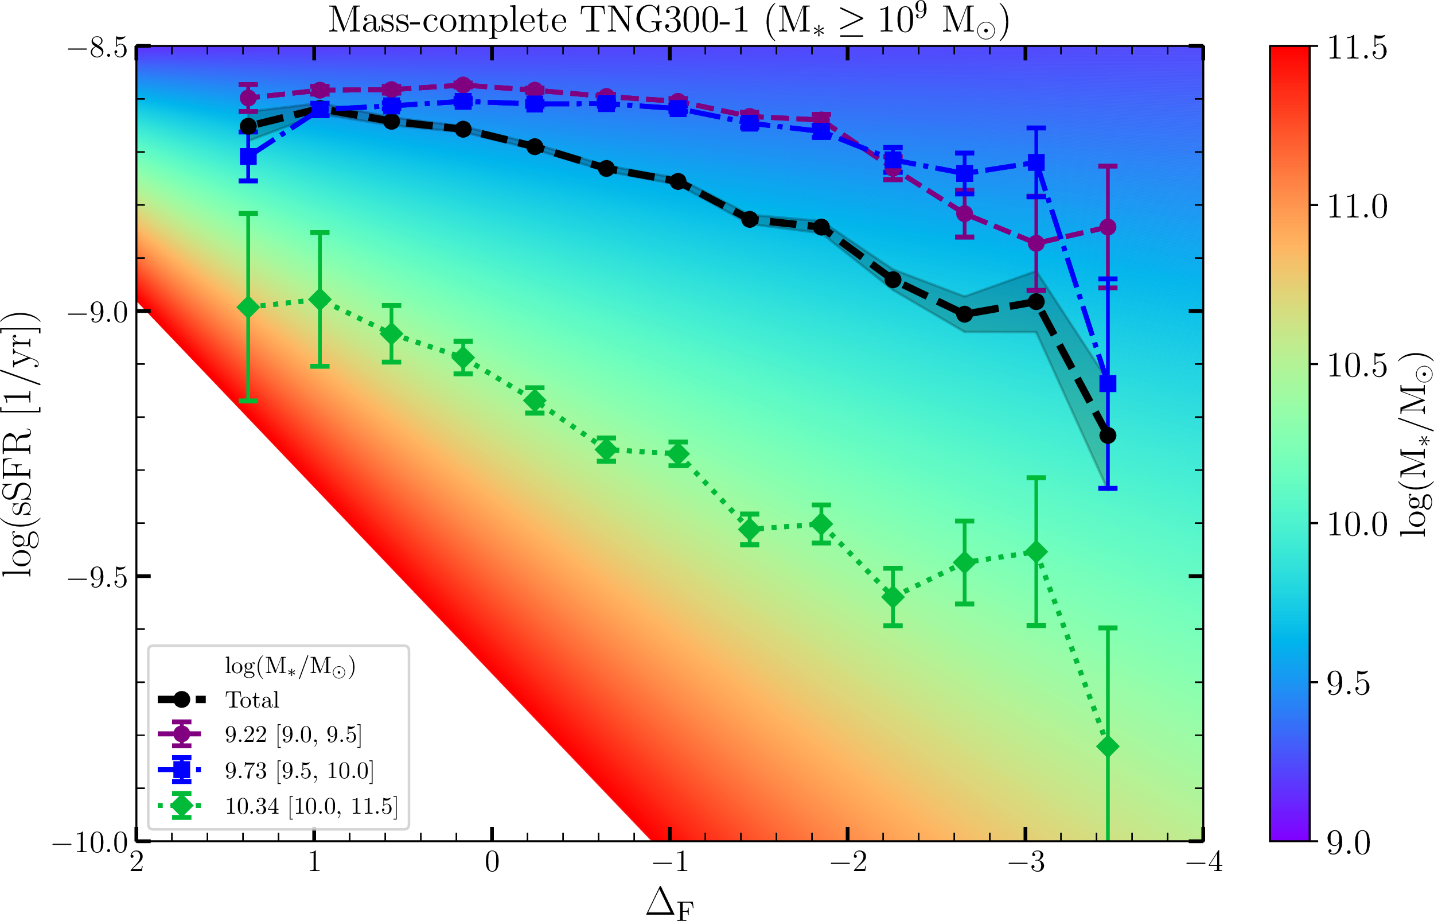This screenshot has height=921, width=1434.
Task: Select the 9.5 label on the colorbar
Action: coord(1349,683)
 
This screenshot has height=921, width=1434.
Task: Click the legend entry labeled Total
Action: coord(252,700)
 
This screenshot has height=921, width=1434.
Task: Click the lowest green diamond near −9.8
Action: coord(1108,747)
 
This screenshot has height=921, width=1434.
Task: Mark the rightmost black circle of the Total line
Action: coord(1108,436)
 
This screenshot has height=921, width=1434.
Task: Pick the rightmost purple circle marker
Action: coord(1108,227)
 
